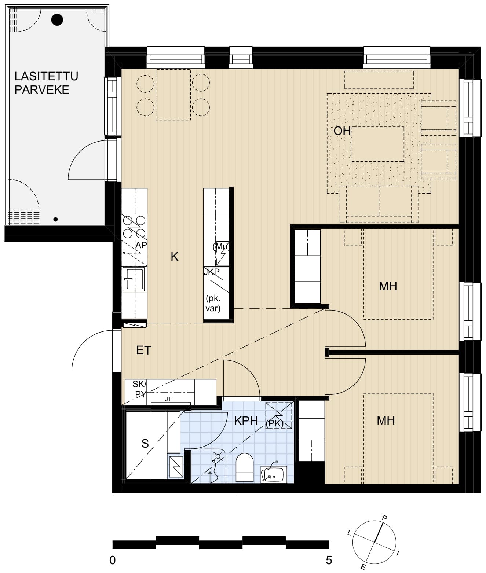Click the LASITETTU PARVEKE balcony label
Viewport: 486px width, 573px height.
click(x=46, y=83)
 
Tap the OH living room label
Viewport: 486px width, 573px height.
click(x=342, y=131)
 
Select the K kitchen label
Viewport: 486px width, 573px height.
click(x=174, y=257)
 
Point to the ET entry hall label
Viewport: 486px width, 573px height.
click(x=144, y=350)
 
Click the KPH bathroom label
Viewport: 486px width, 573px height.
click(x=246, y=421)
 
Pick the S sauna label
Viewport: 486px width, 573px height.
click(x=145, y=444)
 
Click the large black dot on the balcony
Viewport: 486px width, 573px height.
click(x=57, y=20)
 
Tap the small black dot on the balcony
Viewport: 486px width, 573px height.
click(x=55, y=219)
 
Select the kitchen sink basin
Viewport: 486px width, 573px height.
click(x=134, y=279)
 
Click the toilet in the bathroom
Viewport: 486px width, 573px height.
click(x=244, y=467)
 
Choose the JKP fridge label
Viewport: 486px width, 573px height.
click(x=211, y=272)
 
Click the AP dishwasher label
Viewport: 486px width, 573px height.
click(x=141, y=245)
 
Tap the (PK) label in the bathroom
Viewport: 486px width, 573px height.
click(x=274, y=423)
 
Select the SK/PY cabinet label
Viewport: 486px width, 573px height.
click(x=139, y=389)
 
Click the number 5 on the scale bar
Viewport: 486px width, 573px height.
click(x=329, y=561)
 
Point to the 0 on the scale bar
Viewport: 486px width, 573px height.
click(x=112, y=561)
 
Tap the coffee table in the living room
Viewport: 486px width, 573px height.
click(x=378, y=144)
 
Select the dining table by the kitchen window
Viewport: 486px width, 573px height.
click(x=173, y=95)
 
